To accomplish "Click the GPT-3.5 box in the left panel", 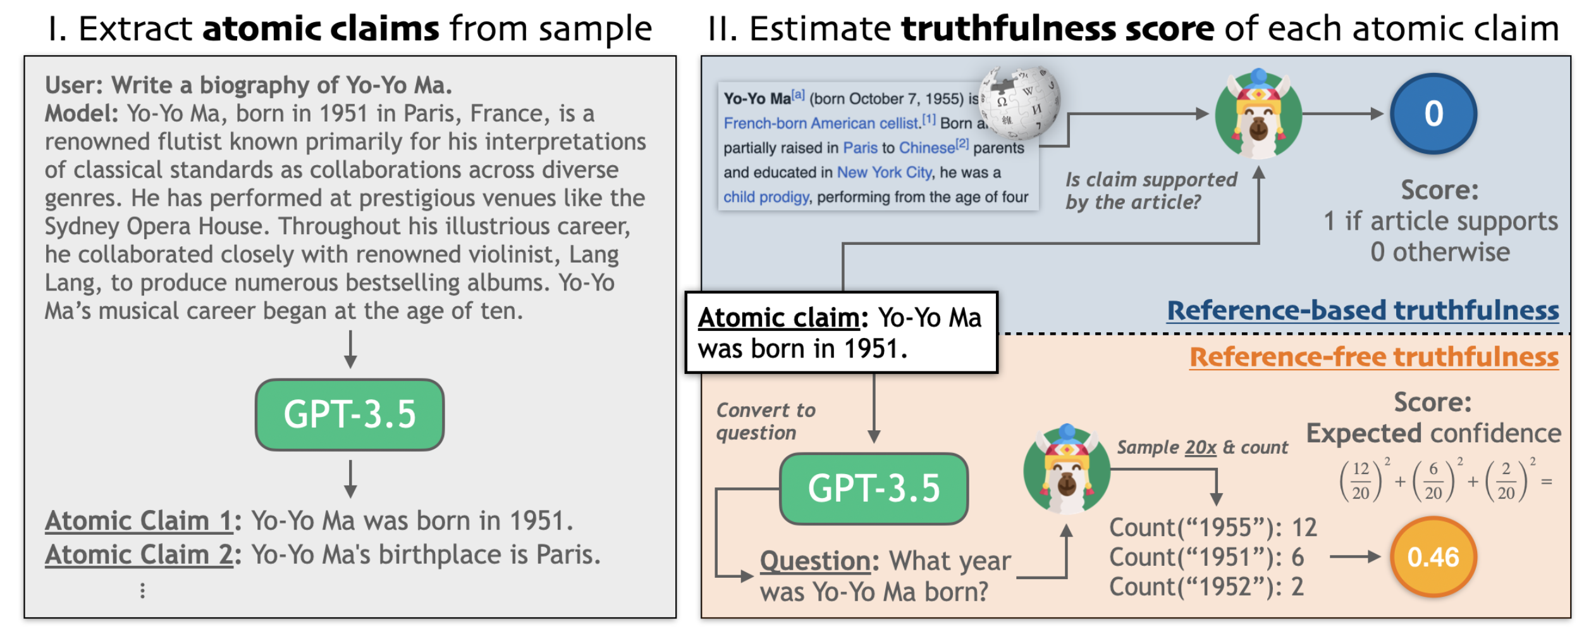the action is (x=350, y=415).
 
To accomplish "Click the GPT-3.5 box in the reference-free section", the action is (x=874, y=489).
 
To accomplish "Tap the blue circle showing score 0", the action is (x=1433, y=114).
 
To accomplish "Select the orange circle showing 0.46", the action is (x=1433, y=557).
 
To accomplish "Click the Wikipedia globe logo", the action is (x=1019, y=102).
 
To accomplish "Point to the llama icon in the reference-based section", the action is (x=1258, y=114).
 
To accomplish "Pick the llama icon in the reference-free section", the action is (x=1067, y=468).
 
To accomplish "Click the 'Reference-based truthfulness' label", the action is (x=1363, y=310).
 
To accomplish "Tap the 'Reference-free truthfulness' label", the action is (x=1374, y=357).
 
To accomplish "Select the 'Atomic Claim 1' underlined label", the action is (x=139, y=521).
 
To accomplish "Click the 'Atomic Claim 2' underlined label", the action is (x=139, y=555).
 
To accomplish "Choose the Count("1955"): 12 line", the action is (x=1213, y=527).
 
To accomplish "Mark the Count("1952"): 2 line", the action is (x=1206, y=587).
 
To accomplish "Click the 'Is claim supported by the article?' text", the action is (x=1151, y=190).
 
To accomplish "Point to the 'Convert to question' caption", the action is (x=766, y=421).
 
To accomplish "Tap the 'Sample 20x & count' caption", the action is (x=1202, y=447).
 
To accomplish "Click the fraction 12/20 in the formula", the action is (x=1361, y=481).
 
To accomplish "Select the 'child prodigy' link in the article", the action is (x=766, y=197).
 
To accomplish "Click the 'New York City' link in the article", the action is (x=884, y=173).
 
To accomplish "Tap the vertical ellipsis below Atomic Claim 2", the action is (x=143, y=590).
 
